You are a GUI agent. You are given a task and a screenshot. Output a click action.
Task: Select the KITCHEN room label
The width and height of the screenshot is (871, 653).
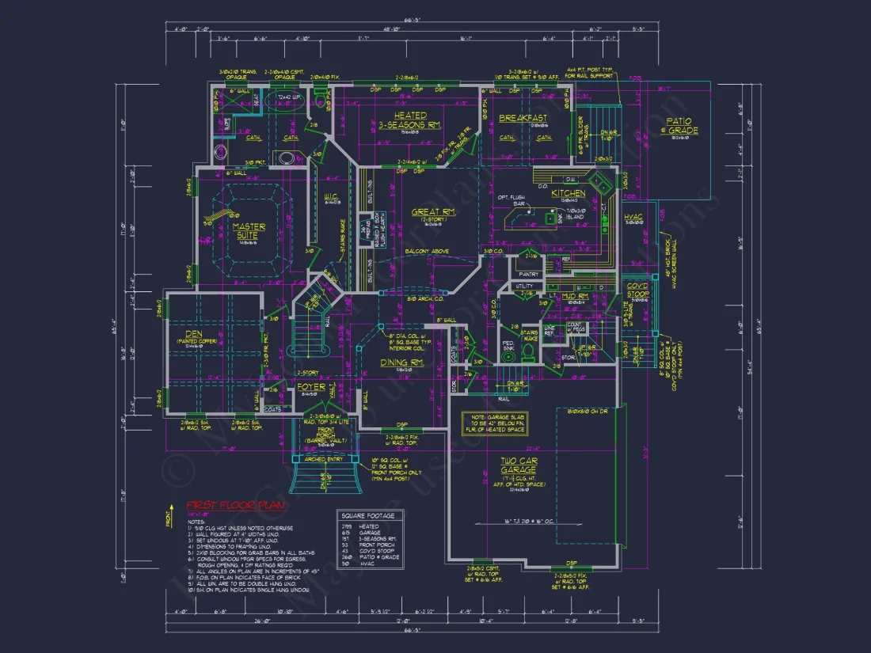click(x=569, y=193)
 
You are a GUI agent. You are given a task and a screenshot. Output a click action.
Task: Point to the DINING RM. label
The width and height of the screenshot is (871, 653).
click(x=403, y=362)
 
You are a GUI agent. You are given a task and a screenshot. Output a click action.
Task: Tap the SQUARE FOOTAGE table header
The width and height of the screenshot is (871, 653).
click(x=370, y=515)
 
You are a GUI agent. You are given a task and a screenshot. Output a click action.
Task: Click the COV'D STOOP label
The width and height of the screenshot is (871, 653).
click(x=637, y=290)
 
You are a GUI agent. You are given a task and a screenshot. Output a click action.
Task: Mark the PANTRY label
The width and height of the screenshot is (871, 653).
click(x=529, y=275)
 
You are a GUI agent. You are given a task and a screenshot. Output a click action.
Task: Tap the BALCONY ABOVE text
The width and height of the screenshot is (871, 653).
click(x=428, y=252)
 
